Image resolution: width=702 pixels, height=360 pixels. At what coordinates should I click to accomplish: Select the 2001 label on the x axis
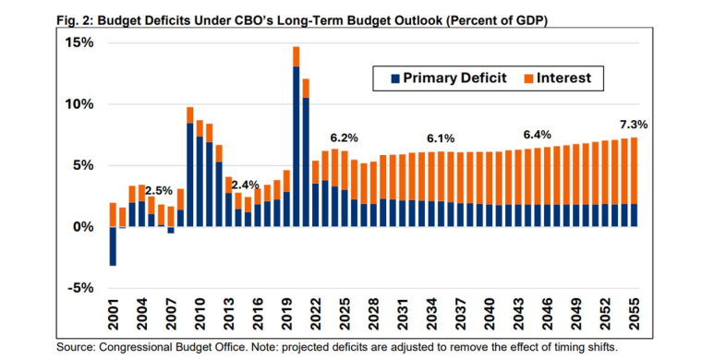(x=113, y=316)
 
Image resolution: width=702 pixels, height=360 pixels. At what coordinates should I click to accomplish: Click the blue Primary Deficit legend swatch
(x=381, y=79)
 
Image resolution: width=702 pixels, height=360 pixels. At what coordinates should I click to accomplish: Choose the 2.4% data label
(x=246, y=185)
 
